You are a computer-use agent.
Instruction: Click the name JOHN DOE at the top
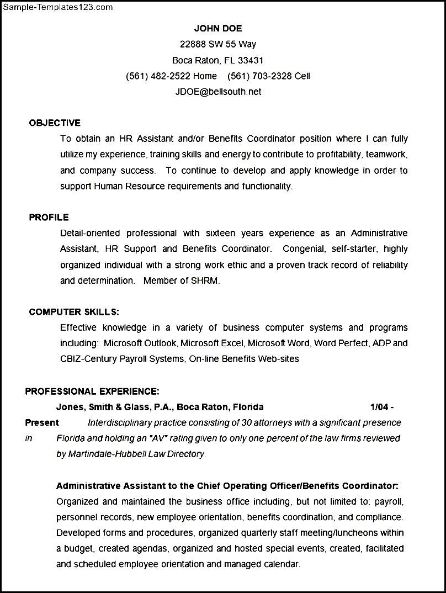coord(218,29)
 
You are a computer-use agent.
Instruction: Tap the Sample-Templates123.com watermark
coord(57,7)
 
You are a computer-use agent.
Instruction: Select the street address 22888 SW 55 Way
coord(218,44)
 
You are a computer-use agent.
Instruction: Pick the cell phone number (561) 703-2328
coord(259,76)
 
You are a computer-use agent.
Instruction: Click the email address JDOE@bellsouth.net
coord(218,92)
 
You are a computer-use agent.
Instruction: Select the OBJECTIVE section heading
coord(55,123)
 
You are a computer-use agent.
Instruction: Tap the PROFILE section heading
coord(49,218)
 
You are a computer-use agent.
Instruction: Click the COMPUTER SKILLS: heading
coord(74,312)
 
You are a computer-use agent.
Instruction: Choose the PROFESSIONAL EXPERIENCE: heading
coord(92,391)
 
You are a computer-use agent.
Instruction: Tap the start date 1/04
coord(379,407)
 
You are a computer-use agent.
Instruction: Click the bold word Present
coord(42,423)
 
